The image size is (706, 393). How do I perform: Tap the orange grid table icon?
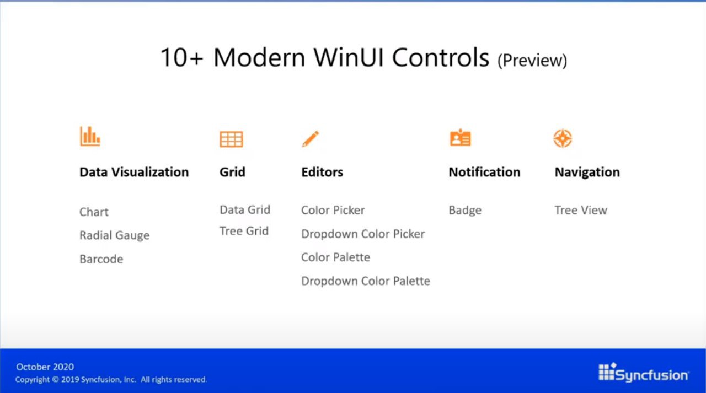pyautogui.click(x=231, y=139)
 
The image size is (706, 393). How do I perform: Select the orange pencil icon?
pyautogui.click(x=311, y=138)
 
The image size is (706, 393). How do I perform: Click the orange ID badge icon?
pyautogui.click(x=461, y=138)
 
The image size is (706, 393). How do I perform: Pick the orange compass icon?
pyautogui.click(x=563, y=138)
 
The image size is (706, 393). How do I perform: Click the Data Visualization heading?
pyautogui.click(x=134, y=173)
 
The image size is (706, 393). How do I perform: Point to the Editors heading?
pyautogui.click(x=322, y=173)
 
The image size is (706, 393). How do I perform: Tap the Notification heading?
pyautogui.click(x=484, y=173)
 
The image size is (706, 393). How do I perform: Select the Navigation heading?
pyautogui.click(x=587, y=173)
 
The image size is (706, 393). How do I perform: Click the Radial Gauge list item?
pyautogui.click(x=114, y=235)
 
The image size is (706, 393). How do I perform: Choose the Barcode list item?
pyautogui.click(x=101, y=259)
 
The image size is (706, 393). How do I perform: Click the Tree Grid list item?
pyautogui.click(x=244, y=231)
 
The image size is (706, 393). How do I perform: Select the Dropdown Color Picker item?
pyautogui.click(x=363, y=234)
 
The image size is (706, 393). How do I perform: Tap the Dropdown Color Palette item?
pyautogui.click(x=366, y=281)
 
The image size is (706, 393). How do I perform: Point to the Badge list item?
pyautogui.click(x=465, y=211)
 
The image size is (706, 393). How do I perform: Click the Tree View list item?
pyautogui.click(x=581, y=210)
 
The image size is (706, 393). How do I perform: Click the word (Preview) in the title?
pyautogui.click(x=532, y=61)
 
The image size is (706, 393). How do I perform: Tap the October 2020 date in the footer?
pyautogui.click(x=45, y=367)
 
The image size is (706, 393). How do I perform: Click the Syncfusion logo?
pyautogui.click(x=644, y=373)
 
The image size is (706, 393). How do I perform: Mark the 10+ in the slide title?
pyautogui.click(x=182, y=58)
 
